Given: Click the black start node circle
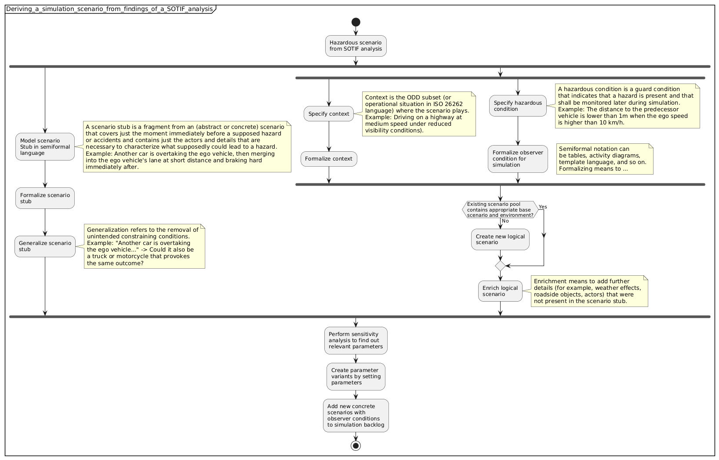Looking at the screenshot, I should [356, 22].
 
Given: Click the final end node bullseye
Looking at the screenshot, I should [356, 445].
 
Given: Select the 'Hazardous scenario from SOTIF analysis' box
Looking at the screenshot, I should [356, 46].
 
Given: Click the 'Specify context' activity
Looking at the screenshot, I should [329, 114].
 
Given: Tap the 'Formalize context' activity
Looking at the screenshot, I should [329, 159].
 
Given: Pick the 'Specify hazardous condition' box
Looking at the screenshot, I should [518, 106].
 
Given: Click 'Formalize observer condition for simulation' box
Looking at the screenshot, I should [518, 159].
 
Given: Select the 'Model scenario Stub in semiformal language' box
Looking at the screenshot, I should [45, 147].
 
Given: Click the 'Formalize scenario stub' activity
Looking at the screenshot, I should [45, 198].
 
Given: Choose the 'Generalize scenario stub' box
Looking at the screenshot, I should [45, 246].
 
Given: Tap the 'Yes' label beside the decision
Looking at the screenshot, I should [543, 207].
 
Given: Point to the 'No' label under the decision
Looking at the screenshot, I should [505, 221].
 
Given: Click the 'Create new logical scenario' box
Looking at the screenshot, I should [500, 240].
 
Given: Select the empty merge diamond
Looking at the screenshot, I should [500, 266].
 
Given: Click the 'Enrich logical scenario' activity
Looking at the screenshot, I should [500, 291].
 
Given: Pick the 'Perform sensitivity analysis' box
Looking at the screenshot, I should [356, 340].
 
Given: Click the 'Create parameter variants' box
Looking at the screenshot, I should [356, 376].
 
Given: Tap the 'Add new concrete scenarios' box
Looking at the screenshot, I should [356, 416].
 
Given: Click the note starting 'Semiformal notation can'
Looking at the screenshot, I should [604, 159].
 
